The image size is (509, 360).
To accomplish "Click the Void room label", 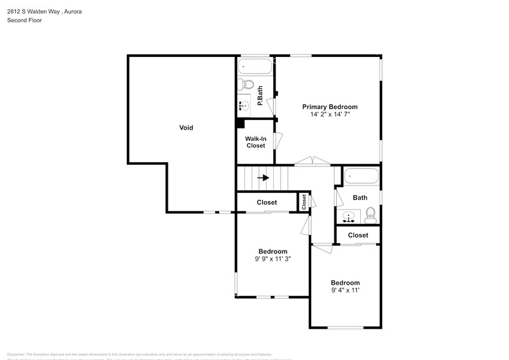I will click(186, 128).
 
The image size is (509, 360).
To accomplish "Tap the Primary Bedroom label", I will click(330, 107).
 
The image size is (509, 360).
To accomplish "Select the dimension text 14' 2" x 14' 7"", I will click(330, 114).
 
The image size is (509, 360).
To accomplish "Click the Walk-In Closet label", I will click(255, 142).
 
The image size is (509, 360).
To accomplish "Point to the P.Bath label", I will click(260, 96).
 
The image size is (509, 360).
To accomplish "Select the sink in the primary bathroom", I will click(243, 106).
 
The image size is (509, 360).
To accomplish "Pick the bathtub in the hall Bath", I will click(361, 176).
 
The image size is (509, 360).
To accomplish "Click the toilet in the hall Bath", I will click(370, 214).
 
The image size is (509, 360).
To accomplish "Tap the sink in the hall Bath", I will click(349, 216).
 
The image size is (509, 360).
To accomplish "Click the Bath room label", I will click(360, 198).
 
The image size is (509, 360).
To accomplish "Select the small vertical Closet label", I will click(304, 202).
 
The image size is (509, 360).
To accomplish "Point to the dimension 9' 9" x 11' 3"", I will click(273, 259).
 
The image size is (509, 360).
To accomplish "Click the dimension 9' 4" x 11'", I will click(345, 290).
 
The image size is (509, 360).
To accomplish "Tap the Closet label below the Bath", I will click(358, 235).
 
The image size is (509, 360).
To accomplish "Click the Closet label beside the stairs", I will click(266, 202).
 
